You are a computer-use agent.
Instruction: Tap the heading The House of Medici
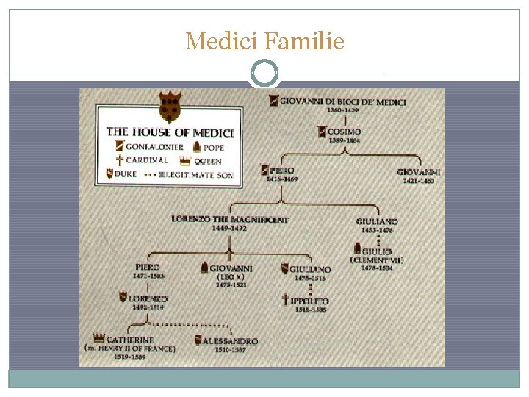coord(170,132)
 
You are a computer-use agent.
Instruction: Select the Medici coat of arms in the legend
coord(170,105)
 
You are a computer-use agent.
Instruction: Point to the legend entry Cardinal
coord(145,160)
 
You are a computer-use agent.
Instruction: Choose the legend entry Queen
coord(210,160)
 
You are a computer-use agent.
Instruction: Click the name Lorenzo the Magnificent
coord(230,220)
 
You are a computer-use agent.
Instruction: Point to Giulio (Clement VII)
coord(377,255)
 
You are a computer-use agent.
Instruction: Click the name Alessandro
coord(230,341)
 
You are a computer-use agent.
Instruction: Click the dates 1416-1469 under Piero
coord(281,179)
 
